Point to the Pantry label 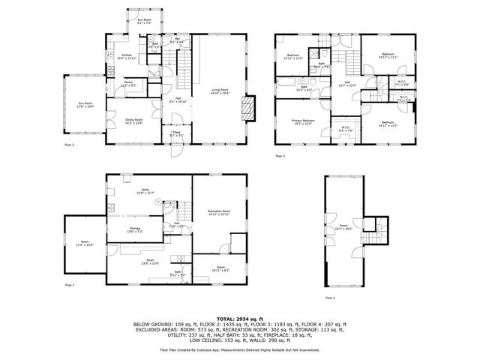pyautogui.click(x=128, y=85)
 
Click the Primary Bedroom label pyautogui.click(x=303, y=121)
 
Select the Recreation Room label pyautogui.click(x=218, y=213)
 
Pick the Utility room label pyautogui.click(x=144, y=192)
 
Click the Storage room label pyautogui.click(x=134, y=230)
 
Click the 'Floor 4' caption pyautogui.click(x=330, y=298)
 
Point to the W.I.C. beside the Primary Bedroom pyautogui.click(x=346, y=129)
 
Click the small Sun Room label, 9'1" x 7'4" pyautogui.click(x=143, y=21)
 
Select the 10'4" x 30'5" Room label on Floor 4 pyautogui.click(x=344, y=226)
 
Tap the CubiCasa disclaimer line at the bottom pyautogui.click(x=239, y=349)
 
